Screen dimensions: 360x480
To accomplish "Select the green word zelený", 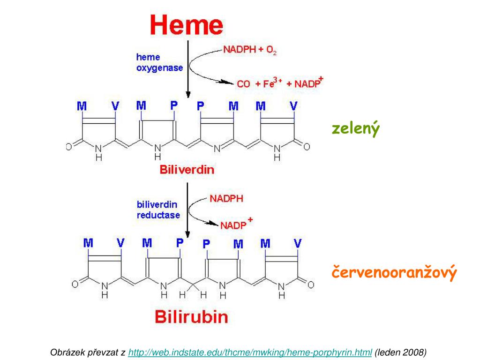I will (355, 128).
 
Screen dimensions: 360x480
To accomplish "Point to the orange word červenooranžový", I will (394, 273).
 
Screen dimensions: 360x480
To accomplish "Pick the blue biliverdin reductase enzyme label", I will (158, 210).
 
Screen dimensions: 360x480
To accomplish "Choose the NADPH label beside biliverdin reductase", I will (226, 198).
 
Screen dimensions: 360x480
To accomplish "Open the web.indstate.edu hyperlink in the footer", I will (250, 352).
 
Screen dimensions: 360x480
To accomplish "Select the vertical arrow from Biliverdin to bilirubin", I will (187, 211).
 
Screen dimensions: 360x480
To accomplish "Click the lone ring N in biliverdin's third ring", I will (217, 149).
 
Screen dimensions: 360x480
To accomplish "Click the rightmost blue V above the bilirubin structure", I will (297, 243).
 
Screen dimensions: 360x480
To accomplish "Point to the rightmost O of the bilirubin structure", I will (311, 284).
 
